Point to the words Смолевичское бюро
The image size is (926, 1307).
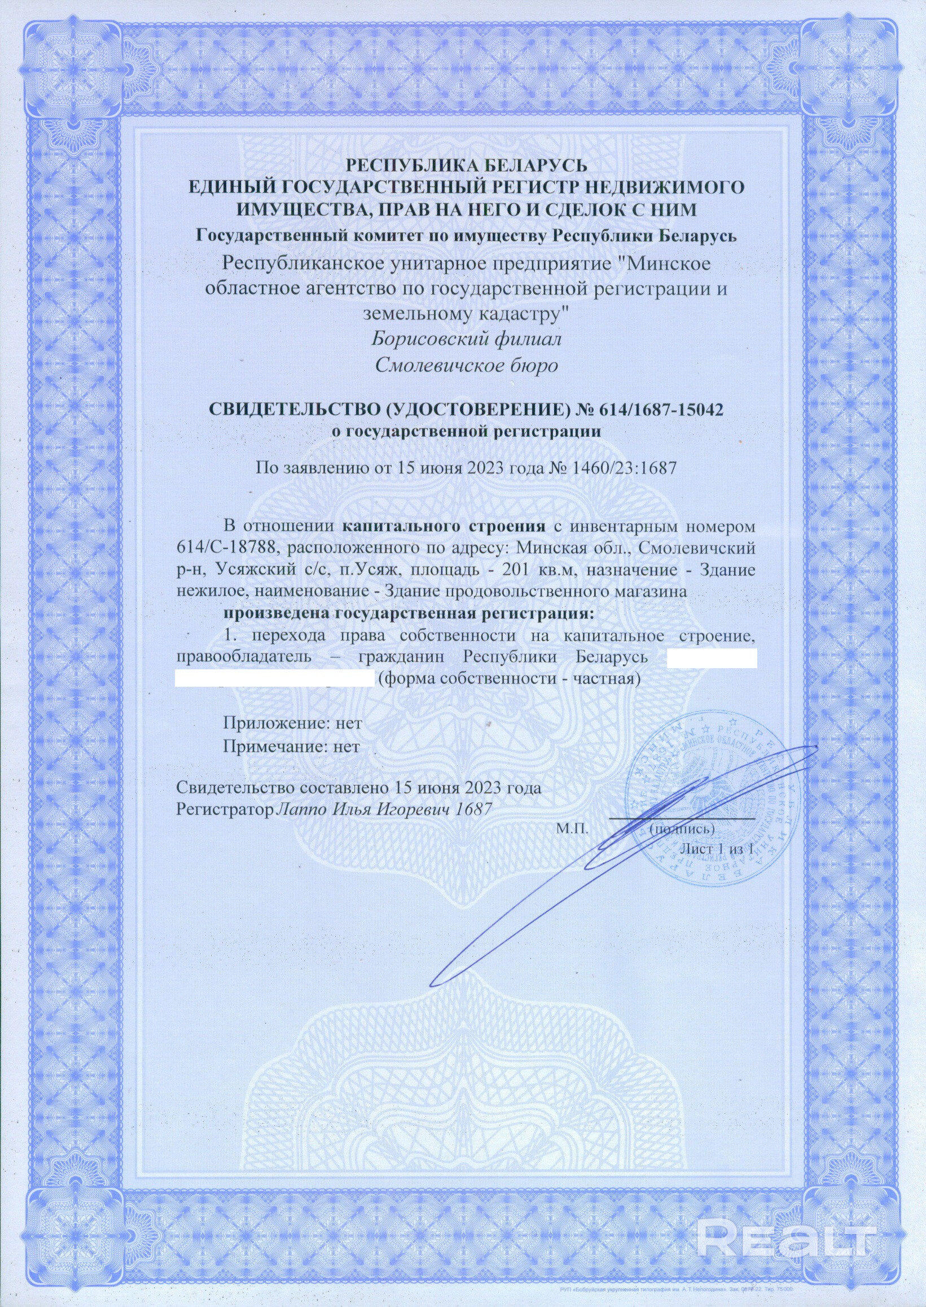466,366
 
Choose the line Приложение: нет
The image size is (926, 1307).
292,723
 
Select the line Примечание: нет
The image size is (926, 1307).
291,747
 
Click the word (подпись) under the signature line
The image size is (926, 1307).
679,828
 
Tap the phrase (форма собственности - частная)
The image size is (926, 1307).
509,679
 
